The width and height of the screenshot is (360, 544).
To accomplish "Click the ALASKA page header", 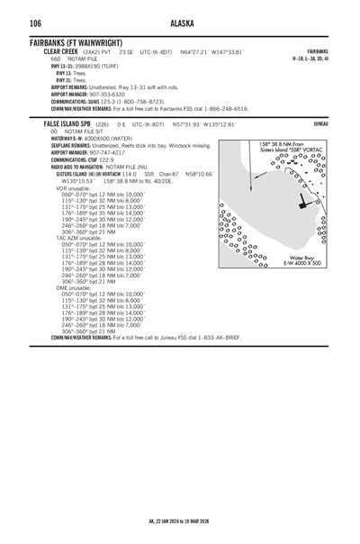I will click(x=180, y=22).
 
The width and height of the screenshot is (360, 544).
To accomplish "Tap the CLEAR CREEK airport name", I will click(x=63, y=52).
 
